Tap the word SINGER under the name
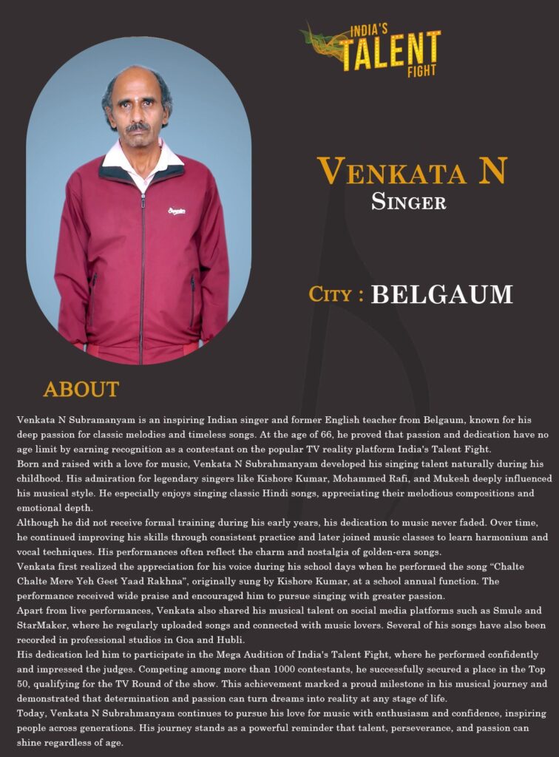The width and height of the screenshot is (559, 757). pyautogui.click(x=409, y=201)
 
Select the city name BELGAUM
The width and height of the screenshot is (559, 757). pyautogui.click(x=441, y=294)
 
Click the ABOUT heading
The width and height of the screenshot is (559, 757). pyautogui.click(x=81, y=389)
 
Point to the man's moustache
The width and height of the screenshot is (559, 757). pyautogui.click(x=138, y=127)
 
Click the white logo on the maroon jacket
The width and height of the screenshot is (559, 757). pyautogui.click(x=177, y=211)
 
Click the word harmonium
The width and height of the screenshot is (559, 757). pyautogui.click(x=493, y=537)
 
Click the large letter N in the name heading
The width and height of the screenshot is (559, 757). pyautogui.click(x=492, y=172)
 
